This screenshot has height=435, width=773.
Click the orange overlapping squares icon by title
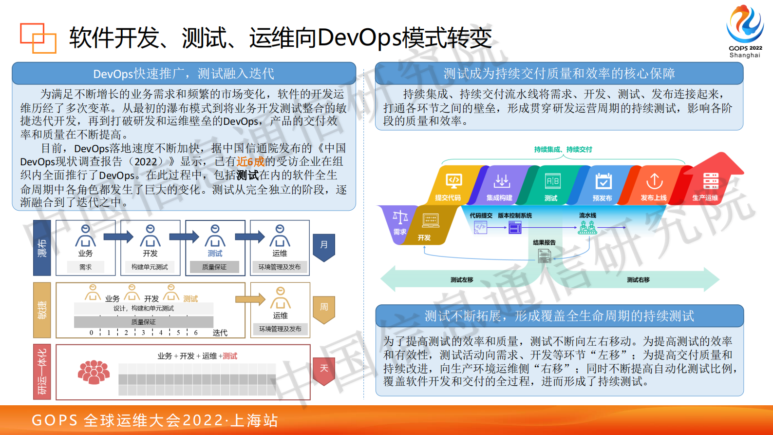38,38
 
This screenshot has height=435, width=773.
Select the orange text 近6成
250,162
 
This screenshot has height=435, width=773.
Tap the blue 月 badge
324,245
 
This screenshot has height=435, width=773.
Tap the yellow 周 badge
324,308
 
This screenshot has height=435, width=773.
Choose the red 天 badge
324,369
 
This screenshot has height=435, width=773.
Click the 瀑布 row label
42,248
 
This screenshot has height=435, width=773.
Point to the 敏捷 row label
42,310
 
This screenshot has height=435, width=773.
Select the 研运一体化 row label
42,372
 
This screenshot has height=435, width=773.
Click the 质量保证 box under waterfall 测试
214,267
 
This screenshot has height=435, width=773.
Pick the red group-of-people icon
94,373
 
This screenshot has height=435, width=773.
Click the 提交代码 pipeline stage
451,186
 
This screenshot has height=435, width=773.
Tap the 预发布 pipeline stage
603,186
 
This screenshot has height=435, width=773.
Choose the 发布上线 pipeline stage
654,186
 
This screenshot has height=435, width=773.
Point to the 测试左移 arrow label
462,280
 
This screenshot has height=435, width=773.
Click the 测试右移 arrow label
638,280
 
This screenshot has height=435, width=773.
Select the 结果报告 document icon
544,255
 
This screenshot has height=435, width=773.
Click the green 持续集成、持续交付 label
563,150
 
